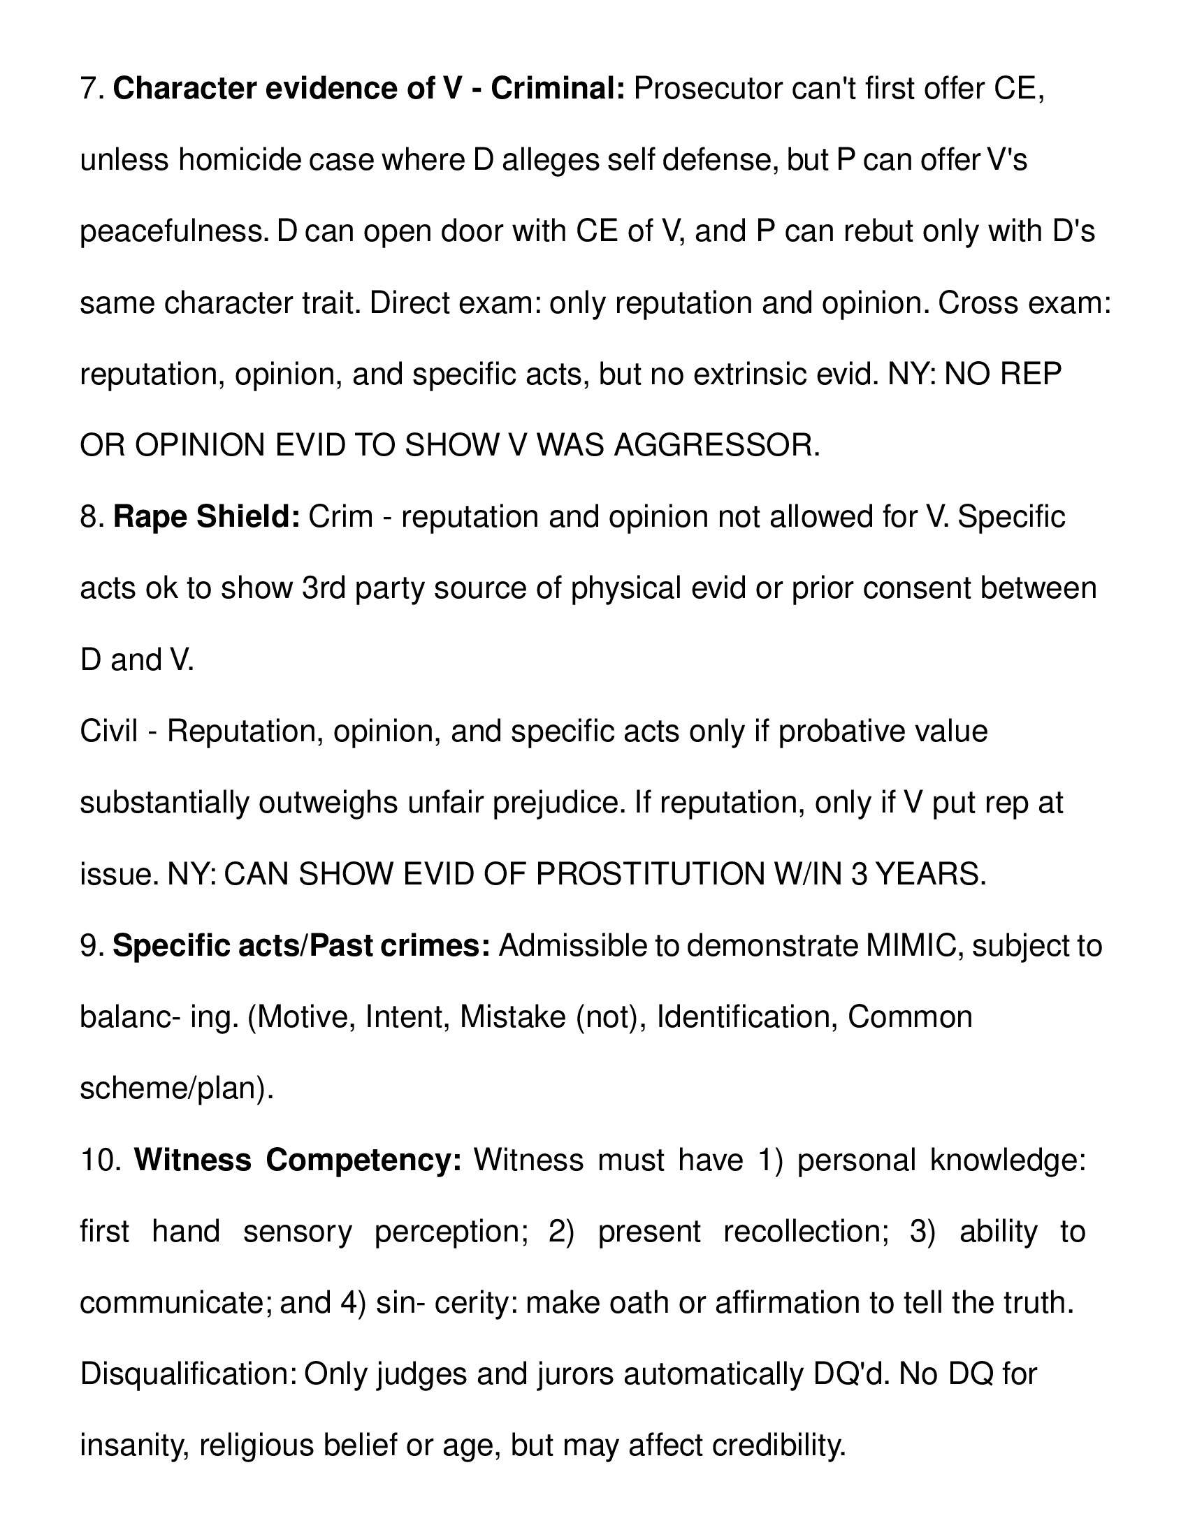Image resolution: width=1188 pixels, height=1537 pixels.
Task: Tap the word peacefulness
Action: click(x=174, y=232)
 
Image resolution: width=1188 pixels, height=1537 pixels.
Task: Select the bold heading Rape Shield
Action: click(x=206, y=517)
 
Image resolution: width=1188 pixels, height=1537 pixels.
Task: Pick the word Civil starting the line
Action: click(x=108, y=732)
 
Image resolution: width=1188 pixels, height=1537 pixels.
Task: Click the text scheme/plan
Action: click(x=176, y=1088)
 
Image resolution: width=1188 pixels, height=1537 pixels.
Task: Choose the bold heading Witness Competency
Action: click(x=298, y=1160)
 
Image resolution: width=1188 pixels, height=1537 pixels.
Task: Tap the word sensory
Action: click(x=297, y=1232)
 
